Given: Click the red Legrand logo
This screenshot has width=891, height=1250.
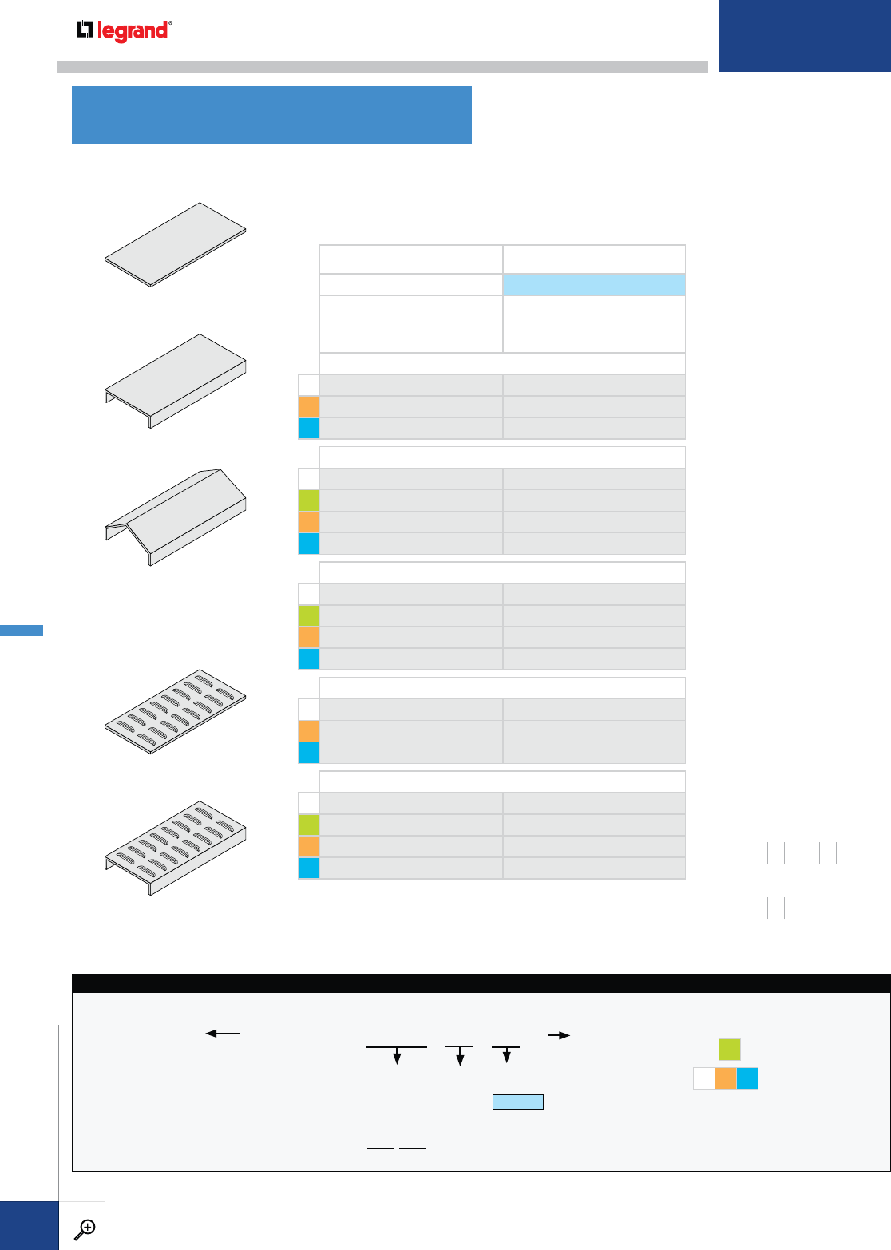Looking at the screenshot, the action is pyautogui.click(x=124, y=31).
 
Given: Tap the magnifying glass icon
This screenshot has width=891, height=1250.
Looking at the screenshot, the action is pyautogui.click(x=84, y=1229).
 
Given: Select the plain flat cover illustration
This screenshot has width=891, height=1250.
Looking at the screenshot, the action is pyautogui.click(x=176, y=243).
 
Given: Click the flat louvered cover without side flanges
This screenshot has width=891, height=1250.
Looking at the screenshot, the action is pyautogui.click(x=176, y=710).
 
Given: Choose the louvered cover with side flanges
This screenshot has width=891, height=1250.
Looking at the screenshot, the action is pyautogui.click(x=176, y=846).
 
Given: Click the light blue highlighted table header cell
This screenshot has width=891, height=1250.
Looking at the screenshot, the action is pyautogui.click(x=593, y=285).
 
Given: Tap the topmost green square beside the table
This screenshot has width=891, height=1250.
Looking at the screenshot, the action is pyautogui.click(x=309, y=500).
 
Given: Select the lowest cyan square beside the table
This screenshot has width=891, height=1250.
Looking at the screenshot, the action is pyautogui.click(x=309, y=868).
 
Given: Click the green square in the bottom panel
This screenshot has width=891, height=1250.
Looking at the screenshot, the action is pyautogui.click(x=729, y=1049).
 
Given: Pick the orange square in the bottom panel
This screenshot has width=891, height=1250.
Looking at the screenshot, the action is pyautogui.click(x=725, y=1078).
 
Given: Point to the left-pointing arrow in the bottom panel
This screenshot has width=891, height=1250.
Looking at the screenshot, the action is pyautogui.click(x=223, y=1034).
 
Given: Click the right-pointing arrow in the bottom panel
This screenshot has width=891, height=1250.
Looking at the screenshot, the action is pyautogui.click(x=559, y=1035).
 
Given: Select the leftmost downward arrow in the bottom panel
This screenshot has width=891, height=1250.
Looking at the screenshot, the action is pyautogui.click(x=397, y=1057).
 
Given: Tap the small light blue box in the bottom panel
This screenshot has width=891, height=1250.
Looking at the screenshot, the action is pyautogui.click(x=517, y=1102).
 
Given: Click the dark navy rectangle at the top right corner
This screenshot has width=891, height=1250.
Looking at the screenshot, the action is pyautogui.click(x=804, y=36).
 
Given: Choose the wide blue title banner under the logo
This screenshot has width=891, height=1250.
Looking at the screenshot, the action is pyautogui.click(x=271, y=115).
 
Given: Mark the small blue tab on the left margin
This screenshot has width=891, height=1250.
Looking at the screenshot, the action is pyautogui.click(x=22, y=631).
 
